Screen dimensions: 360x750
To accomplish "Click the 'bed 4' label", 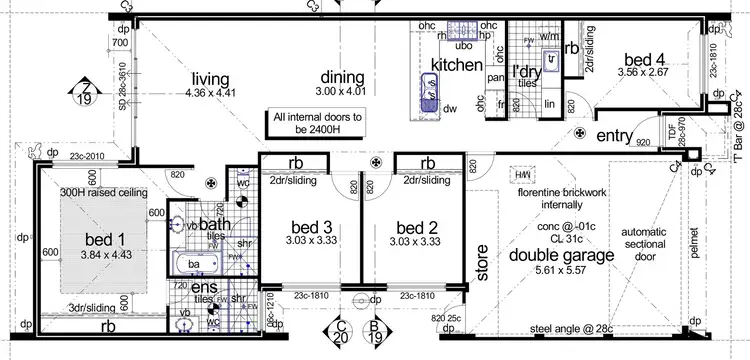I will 642,58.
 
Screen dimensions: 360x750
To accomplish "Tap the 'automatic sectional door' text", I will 641,242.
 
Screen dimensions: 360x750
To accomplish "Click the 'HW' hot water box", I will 521,176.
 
